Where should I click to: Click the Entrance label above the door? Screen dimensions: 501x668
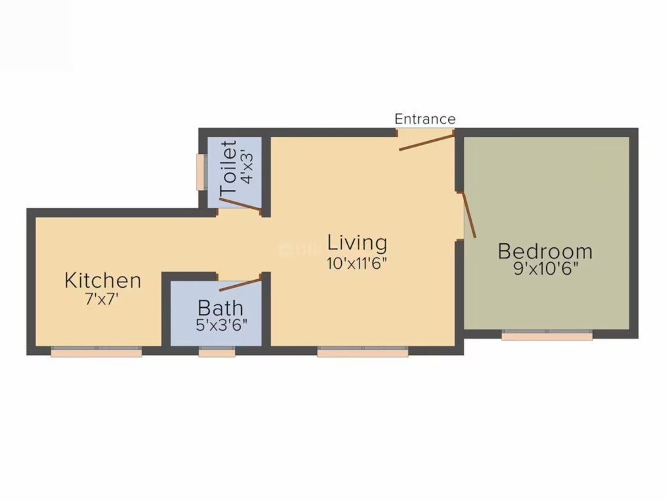click(x=425, y=119)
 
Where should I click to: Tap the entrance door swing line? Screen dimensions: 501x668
click(x=427, y=142)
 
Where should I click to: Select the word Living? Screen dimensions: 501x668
click(x=357, y=243)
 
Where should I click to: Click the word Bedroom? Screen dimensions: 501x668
click(x=545, y=251)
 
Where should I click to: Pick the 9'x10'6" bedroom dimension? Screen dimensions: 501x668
click(x=545, y=269)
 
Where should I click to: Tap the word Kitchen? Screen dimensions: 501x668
click(x=102, y=281)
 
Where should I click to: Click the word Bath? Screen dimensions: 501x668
click(x=220, y=307)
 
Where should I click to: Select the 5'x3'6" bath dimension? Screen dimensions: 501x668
click(x=222, y=325)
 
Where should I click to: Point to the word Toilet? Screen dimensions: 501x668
click(x=228, y=168)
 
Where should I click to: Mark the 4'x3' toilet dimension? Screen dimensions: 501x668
click(x=247, y=168)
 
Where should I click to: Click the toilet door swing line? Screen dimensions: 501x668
click(x=240, y=204)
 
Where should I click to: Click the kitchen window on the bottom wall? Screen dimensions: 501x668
click(x=97, y=351)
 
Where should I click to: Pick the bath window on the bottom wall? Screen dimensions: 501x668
click(x=217, y=352)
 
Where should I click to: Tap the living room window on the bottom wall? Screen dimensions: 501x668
click(x=363, y=352)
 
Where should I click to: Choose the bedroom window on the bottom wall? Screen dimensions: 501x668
click(x=547, y=335)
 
